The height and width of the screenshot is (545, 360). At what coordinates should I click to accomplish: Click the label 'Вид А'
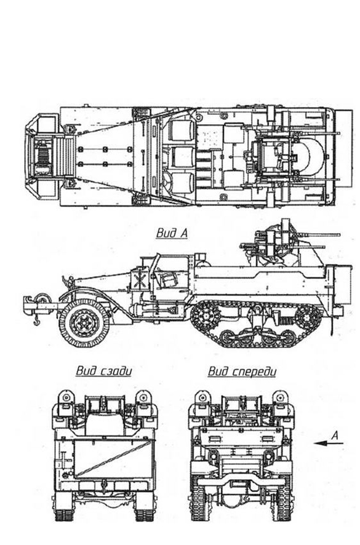[x=172, y=233]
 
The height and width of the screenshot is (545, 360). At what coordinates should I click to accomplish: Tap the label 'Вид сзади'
[x=104, y=371]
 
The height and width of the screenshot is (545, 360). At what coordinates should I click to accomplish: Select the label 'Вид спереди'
[x=242, y=371]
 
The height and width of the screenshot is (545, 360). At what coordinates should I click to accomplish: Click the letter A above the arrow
[x=334, y=435]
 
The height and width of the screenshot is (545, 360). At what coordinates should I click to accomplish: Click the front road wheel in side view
[x=84, y=324]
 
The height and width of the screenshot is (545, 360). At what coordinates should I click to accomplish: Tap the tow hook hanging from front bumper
[x=36, y=321]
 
